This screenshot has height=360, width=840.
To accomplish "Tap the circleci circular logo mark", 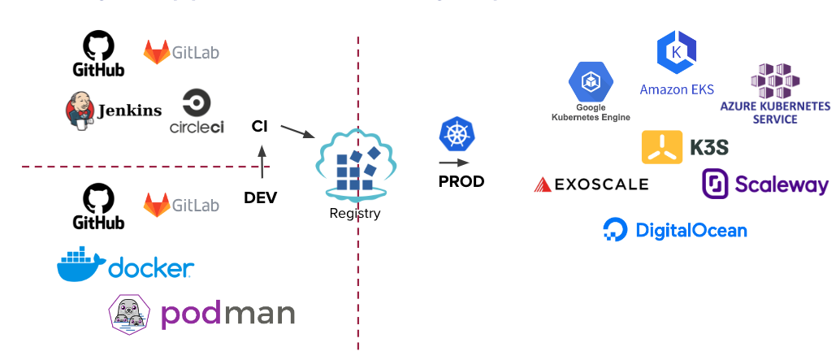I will [x=197, y=104].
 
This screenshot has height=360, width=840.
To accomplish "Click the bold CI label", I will [x=260, y=126].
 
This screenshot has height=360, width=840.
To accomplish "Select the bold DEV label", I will [x=261, y=197].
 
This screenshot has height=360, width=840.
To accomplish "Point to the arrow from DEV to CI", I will [x=262, y=162].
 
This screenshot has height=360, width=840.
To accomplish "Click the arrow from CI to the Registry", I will [x=297, y=131].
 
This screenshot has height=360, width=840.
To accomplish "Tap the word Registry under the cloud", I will [x=355, y=214].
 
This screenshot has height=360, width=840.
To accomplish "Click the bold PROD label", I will [x=461, y=181].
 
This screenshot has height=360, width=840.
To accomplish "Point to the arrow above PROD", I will [x=456, y=163].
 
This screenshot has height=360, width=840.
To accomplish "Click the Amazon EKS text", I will [x=676, y=89].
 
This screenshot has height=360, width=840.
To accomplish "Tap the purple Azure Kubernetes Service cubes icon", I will [x=775, y=80].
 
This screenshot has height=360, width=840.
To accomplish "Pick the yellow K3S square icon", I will [x=662, y=147].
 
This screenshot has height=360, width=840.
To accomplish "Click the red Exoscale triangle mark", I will [x=542, y=184].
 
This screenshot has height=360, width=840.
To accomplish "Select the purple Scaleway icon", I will [x=716, y=184].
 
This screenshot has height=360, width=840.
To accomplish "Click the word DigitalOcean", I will [x=691, y=231].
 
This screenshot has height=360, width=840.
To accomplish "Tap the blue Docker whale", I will [x=80, y=266].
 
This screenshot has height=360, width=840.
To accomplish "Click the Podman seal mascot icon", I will [x=132, y=314].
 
